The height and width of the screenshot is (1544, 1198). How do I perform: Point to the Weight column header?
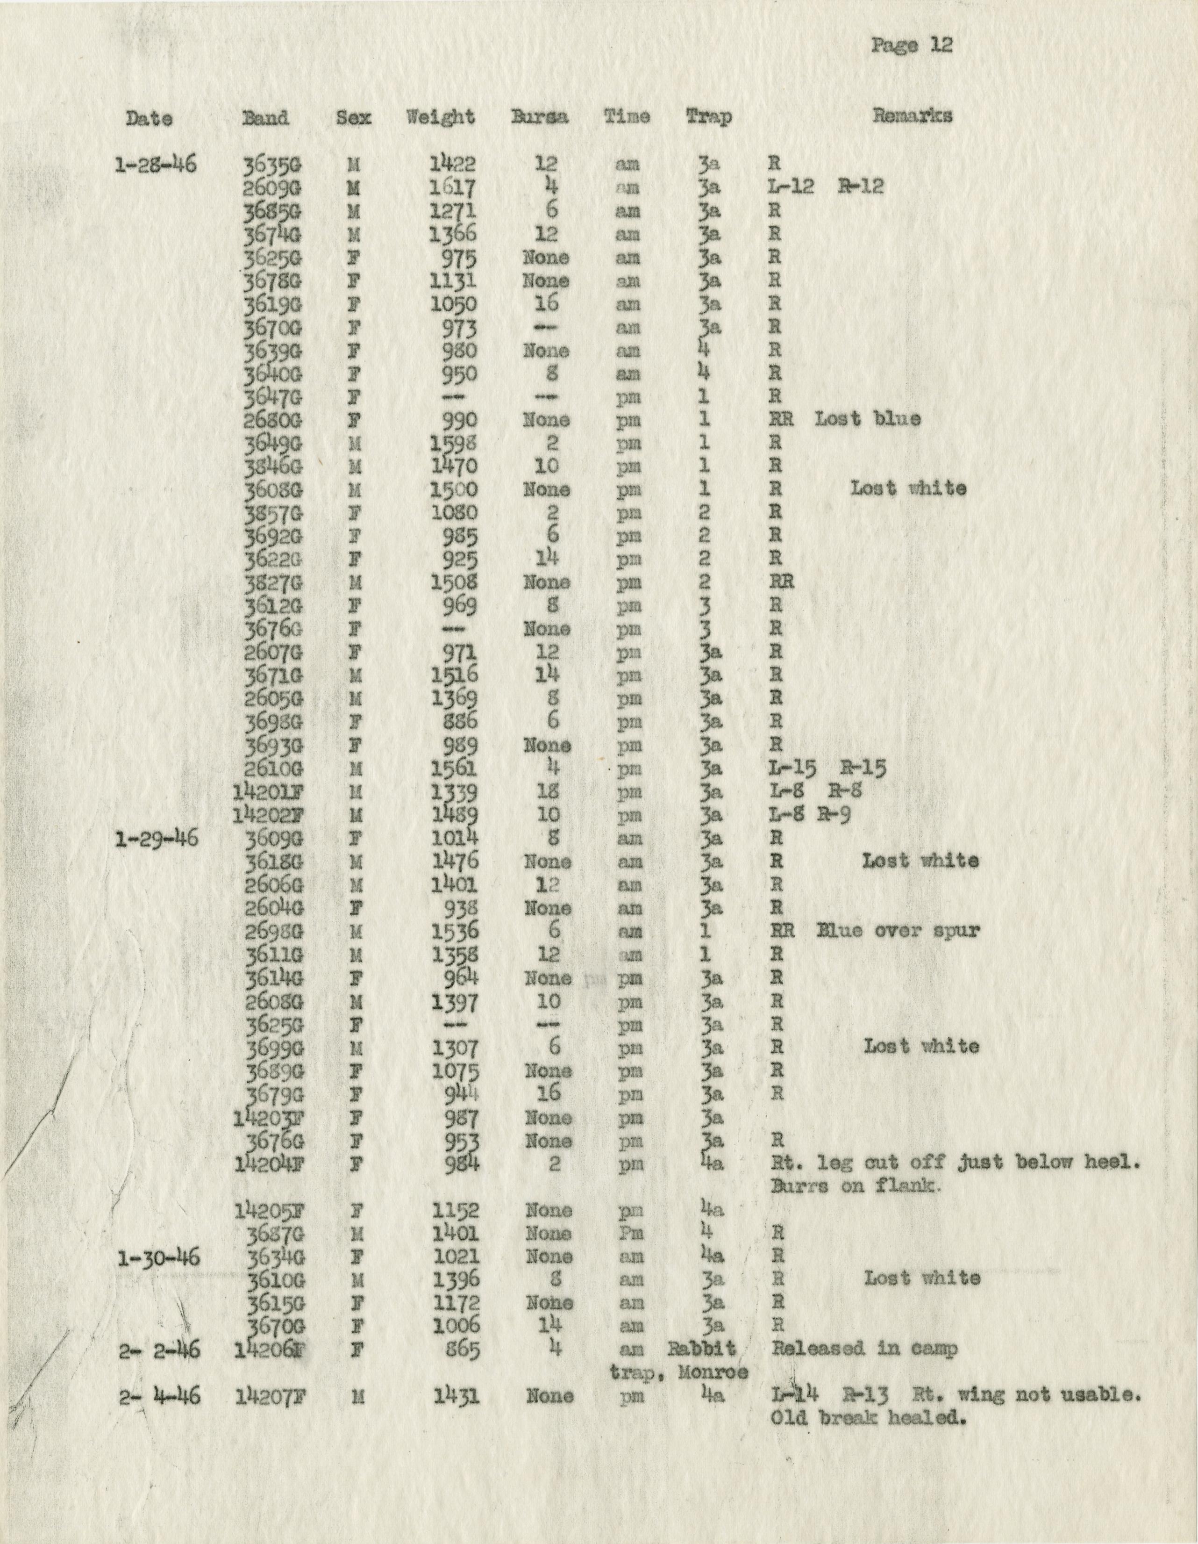coord(440,117)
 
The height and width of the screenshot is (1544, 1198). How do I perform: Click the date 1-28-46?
coord(155,165)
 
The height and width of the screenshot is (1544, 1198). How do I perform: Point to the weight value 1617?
coord(455,187)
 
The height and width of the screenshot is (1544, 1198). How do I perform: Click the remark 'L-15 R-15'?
coord(827,768)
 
